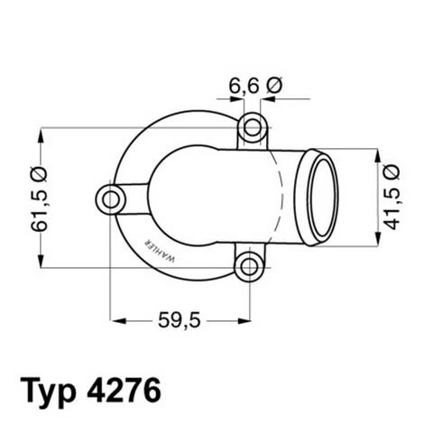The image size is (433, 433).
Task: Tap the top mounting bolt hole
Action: (x=253, y=128)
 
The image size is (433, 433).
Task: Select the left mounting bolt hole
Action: (x=111, y=198)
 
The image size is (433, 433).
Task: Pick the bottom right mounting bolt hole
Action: (x=249, y=266)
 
